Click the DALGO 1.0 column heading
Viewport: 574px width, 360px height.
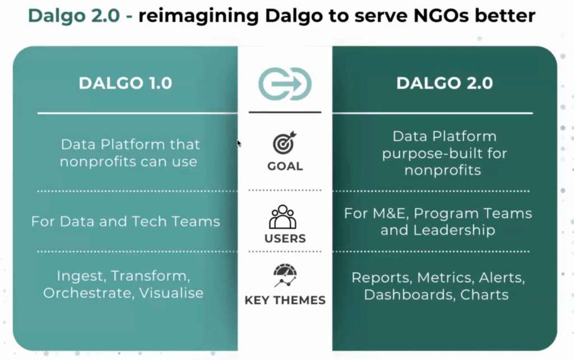click(125, 83)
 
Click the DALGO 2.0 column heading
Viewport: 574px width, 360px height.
click(445, 83)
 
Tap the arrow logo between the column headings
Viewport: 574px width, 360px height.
click(285, 84)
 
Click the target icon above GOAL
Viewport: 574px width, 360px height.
click(284, 142)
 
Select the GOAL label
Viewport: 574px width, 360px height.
click(285, 167)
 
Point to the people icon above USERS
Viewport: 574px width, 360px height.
click(283, 217)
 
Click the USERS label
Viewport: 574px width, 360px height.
click(285, 238)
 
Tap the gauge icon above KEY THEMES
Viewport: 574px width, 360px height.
click(285, 275)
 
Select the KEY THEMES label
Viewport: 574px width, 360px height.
click(285, 301)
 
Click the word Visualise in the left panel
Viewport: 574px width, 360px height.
click(172, 293)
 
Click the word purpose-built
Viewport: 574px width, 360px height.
click(429, 154)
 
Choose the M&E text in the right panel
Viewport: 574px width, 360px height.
click(390, 214)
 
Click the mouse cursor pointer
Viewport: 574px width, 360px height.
click(239, 143)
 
